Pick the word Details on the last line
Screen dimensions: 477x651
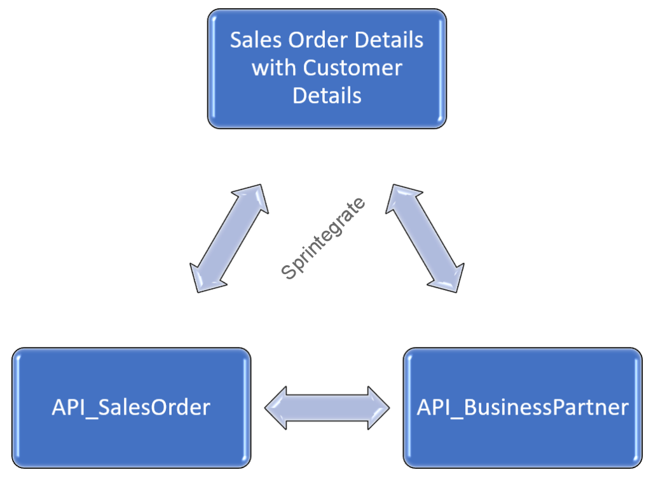point(327,95)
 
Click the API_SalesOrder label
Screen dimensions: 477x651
point(130,407)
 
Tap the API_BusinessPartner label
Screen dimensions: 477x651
point(523,407)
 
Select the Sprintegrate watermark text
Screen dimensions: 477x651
point(324,238)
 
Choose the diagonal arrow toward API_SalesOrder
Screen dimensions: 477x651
point(230,238)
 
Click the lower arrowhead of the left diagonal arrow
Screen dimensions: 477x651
point(203,280)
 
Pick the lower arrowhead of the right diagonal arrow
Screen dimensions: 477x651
point(452,280)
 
